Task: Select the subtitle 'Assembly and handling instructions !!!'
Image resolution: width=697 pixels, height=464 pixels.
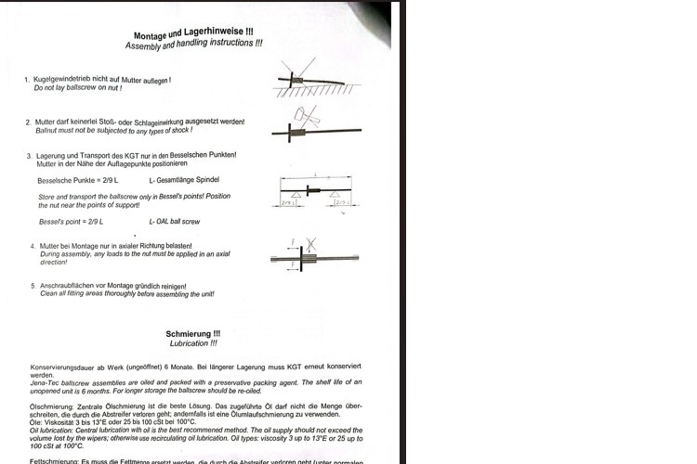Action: [x=193, y=45]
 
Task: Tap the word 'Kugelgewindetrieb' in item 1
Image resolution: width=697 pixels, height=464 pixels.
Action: [x=68, y=80]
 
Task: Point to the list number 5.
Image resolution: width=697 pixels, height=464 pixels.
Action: [x=33, y=286]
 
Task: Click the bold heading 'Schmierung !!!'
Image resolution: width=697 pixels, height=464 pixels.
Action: [x=193, y=333]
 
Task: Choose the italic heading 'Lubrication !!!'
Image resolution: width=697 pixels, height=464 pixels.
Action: [x=193, y=343]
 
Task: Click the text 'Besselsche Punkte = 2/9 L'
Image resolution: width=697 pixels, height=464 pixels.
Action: [x=78, y=179]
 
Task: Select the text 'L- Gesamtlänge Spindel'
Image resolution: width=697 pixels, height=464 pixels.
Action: [x=184, y=179]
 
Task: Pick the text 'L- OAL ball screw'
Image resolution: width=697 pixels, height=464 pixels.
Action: [x=176, y=222]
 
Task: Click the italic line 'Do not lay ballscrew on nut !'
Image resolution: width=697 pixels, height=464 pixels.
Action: [x=78, y=88]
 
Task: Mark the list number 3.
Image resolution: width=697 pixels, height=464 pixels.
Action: [x=29, y=155]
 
